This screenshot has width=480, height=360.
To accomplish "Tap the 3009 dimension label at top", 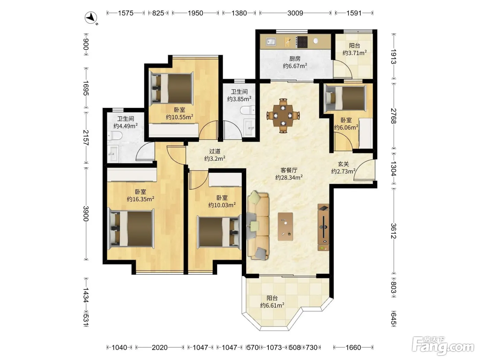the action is (x=295, y=13).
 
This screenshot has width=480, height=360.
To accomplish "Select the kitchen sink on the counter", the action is (x=271, y=41).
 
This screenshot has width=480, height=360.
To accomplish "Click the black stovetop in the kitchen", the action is (x=302, y=42).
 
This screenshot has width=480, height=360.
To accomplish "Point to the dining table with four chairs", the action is (x=283, y=116).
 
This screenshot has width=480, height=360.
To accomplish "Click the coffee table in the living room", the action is (x=285, y=226).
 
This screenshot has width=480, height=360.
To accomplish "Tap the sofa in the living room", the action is (x=258, y=226).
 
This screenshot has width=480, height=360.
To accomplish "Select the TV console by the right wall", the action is (x=323, y=227).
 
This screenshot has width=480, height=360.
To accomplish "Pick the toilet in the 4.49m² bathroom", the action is (x=115, y=135).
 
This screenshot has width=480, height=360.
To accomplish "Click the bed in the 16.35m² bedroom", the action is (x=131, y=228).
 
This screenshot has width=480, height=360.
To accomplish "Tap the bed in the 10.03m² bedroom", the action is (x=219, y=232).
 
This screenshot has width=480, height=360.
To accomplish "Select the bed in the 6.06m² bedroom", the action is (x=345, y=98).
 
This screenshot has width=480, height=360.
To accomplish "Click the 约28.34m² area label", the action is (x=289, y=177).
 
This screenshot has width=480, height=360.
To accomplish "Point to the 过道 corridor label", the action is (x=215, y=151).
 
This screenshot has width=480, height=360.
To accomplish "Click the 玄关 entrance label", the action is (x=343, y=164).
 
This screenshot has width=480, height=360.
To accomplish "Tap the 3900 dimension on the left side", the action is (x=86, y=214).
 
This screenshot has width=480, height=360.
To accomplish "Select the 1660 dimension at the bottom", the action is (x=353, y=347).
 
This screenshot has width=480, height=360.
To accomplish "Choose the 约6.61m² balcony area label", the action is (x=272, y=305).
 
